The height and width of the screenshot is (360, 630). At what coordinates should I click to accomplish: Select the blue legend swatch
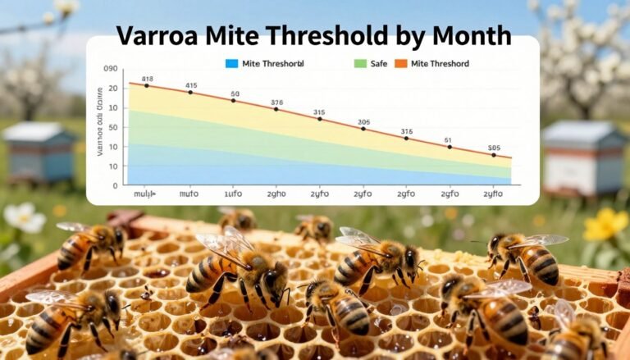pyautogui.click(x=231, y=63)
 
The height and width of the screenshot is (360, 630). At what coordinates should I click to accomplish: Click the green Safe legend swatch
pyautogui.click(x=359, y=63)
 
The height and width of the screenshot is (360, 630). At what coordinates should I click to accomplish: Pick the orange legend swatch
pyautogui.click(x=401, y=63)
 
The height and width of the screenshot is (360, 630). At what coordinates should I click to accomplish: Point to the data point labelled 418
pyautogui.click(x=147, y=85)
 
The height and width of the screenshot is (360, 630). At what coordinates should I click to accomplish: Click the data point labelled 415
pyautogui.click(x=190, y=92)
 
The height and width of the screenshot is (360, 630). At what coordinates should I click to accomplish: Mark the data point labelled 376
pyautogui.click(x=276, y=109)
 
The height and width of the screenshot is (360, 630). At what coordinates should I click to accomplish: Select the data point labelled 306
pyautogui.click(x=363, y=129)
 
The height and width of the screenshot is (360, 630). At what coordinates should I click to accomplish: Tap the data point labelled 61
pyautogui.click(x=449, y=148)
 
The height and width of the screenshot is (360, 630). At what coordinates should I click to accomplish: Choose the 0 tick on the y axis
pyautogui.click(x=115, y=185)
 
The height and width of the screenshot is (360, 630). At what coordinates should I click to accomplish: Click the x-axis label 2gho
pyautogui.click(x=276, y=196)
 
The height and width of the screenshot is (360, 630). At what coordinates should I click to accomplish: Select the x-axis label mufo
pyautogui.click(x=189, y=196)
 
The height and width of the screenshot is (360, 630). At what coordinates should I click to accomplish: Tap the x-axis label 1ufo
pyautogui.click(x=233, y=196)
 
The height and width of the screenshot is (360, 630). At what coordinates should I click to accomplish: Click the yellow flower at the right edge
pyautogui.click(x=606, y=225)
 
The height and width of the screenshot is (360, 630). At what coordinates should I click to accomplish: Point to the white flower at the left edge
pyautogui.click(x=21, y=217)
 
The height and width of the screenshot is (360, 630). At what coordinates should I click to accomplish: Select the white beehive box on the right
pyautogui.click(x=584, y=158)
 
